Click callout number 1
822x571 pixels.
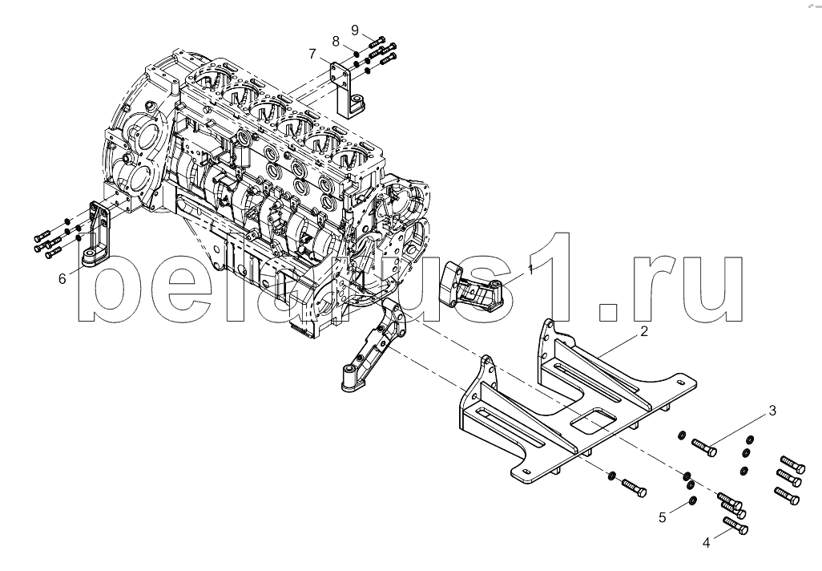click(x=530, y=269)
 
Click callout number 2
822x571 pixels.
click(x=644, y=331)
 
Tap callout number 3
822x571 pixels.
click(x=772, y=411)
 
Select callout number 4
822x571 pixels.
click(x=706, y=543)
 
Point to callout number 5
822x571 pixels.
click(x=663, y=517)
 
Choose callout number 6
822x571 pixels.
click(x=62, y=278)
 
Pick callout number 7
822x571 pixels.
click(x=312, y=54)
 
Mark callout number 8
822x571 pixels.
click(x=336, y=42)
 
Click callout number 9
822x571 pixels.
click(x=355, y=30)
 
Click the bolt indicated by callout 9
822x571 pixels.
click(x=377, y=41)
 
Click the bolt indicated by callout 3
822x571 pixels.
click(x=704, y=447)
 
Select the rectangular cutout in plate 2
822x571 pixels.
click(x=592, y=419)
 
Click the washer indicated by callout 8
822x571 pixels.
click(x=356, y=54)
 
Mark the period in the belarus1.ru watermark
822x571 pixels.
click(x=610, y=312)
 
